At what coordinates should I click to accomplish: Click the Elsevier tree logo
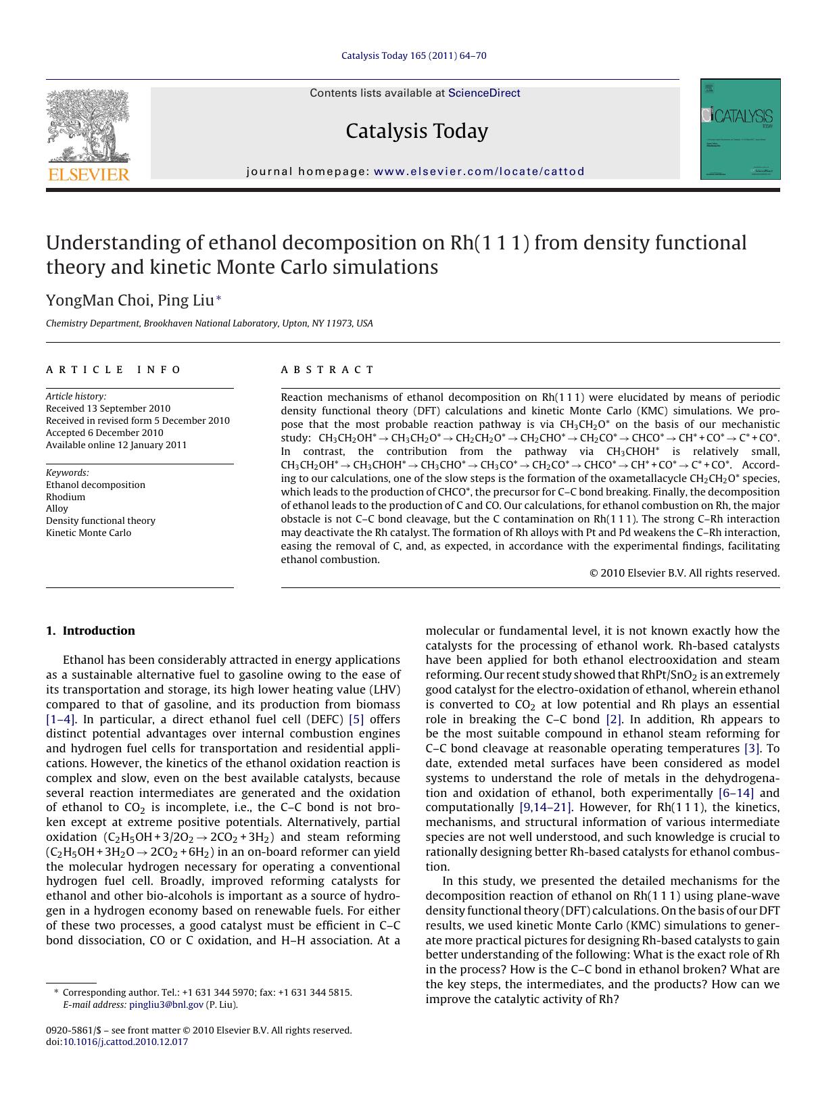coord(88,128)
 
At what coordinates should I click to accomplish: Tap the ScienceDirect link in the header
coord(484,93)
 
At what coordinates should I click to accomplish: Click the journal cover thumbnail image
coord(740,129)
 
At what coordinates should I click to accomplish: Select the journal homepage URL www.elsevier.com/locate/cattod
coord(479,172)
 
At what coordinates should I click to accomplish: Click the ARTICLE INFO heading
coord(114,370)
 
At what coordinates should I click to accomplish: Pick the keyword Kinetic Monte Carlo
coord(89,533)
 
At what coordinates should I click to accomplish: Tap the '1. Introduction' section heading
coord(91,631)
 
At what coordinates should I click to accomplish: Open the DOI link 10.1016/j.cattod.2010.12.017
coord(125,1042)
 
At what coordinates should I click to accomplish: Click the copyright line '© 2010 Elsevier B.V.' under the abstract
coord(684,573)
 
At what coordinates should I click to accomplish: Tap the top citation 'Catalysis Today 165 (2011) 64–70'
coord(413,55)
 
